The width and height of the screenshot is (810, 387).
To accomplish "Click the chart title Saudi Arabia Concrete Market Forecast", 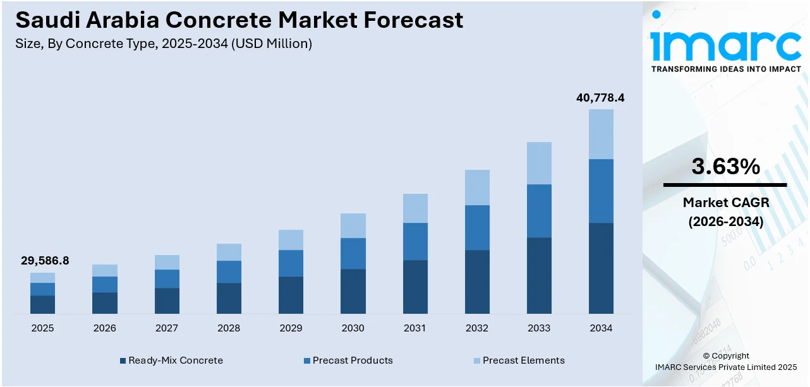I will [x=239, y=20].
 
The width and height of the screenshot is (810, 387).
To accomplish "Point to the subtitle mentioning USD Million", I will [x=164, y=44].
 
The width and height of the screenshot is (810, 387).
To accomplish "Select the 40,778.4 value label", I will [x=600, y=98].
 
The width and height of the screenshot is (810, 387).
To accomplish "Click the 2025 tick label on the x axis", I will [x=42, y=328].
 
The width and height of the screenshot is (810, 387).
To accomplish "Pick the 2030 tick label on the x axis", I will [x=353, y=328].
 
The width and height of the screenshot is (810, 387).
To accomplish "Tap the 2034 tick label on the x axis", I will [x=601, y=328].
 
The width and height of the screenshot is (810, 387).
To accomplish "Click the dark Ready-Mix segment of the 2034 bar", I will [x=601, y=268].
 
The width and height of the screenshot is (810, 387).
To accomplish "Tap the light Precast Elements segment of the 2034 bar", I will [x=601, y=134].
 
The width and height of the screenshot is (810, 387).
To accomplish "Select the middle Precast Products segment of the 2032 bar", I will [x=477, y=227].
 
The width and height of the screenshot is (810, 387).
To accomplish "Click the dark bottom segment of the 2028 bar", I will [x=229, y=298].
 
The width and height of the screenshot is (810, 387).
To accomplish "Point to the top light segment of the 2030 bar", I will [x=353, y=225].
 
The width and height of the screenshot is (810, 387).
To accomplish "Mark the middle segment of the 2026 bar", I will [x=105, y=284].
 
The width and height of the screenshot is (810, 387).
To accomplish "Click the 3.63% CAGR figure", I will [x=725, y=167].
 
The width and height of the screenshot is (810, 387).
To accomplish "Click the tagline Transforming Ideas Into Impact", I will [x=725, y=69].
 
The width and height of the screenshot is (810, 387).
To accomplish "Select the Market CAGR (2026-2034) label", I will [x=725, y=212].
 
